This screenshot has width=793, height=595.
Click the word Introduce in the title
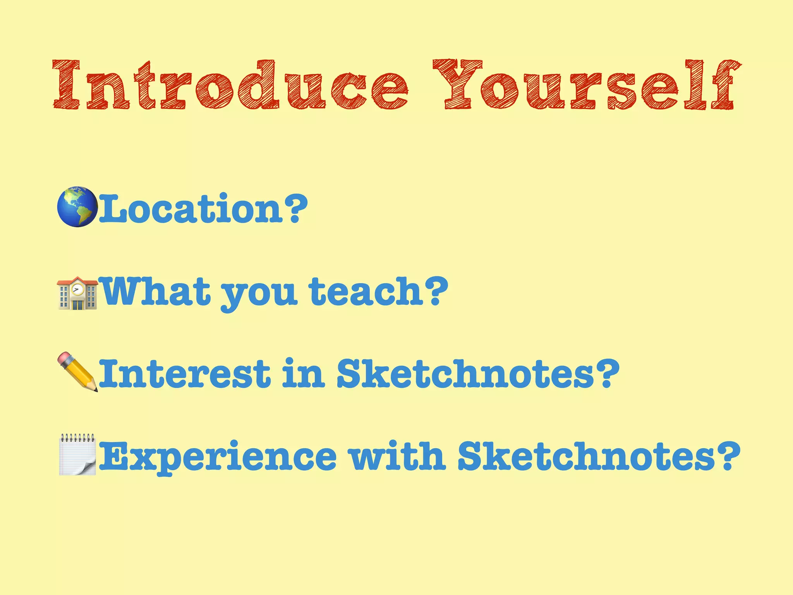(230, 84)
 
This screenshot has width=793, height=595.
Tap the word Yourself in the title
(586, 84)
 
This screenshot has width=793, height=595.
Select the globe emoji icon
(77, 207)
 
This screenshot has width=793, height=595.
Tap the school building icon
(77, 293)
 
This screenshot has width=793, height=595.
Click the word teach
(366, 291)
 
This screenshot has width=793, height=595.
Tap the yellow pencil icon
(77, 372)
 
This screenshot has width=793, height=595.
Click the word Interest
(184, 373)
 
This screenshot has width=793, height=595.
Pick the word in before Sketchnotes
(303, 373)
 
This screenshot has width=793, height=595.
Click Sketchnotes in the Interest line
(465, 373)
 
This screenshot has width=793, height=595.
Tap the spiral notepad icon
(77, 454)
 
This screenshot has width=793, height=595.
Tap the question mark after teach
(436, 291)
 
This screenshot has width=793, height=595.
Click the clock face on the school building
(78, 289)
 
